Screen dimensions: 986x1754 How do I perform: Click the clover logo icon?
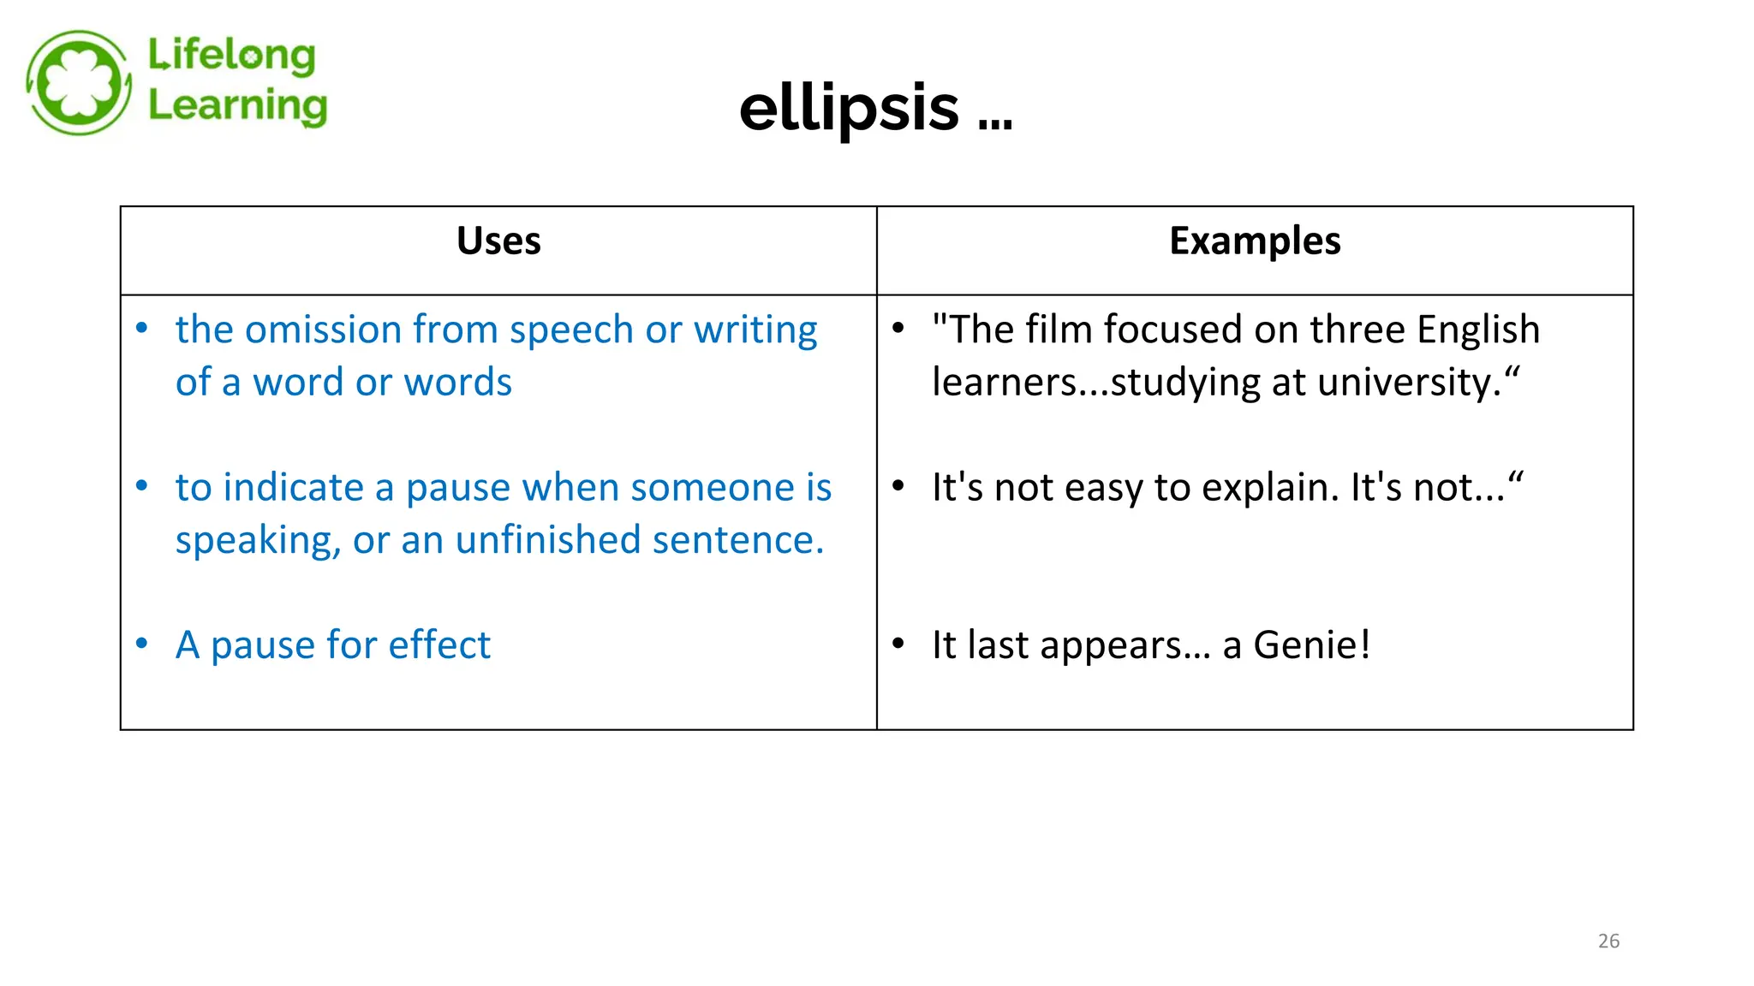point(79,83)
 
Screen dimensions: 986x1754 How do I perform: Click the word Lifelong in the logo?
point(231,56)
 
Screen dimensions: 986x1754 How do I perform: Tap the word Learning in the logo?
point(237,105)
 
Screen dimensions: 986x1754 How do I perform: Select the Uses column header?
point(498,241)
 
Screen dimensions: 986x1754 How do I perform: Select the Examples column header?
point(1255,241)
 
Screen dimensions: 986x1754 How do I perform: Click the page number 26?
point(1608,941)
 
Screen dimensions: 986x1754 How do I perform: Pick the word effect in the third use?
point(439,644)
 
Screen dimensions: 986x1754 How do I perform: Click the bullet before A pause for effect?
point(142,644)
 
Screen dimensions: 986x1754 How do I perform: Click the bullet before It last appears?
point(898,644)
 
